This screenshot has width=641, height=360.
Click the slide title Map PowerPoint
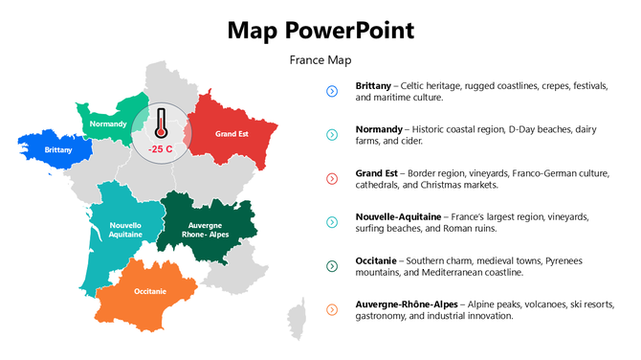(320, 30)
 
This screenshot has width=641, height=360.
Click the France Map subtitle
(320, 60)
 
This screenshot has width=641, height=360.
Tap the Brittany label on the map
(58, 150)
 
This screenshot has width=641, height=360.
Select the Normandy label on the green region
(108, 124)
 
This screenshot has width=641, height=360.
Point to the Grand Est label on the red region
(232, 134)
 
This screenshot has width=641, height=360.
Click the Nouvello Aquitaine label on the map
(125, 230)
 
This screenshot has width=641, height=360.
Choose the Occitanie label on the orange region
(150, 291)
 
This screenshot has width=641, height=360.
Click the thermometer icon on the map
(161, 124)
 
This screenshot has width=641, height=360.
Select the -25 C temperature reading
(161, 148)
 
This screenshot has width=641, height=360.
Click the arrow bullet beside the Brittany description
(332, 91)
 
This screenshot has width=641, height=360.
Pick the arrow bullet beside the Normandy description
(332, 135)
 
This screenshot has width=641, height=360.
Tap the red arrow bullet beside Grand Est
(332, 179)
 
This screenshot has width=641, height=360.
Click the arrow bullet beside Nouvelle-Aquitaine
(332, 222)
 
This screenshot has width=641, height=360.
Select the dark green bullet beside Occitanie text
(332, 266)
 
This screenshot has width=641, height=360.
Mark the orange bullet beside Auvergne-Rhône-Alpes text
(332, 309)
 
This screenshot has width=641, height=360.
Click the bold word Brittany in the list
(373, 85)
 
